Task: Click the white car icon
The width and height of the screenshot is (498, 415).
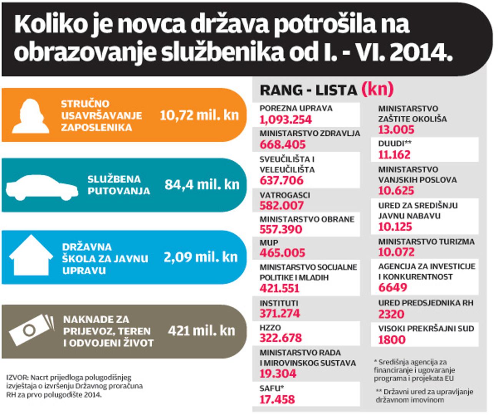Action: click(x=41, y=187)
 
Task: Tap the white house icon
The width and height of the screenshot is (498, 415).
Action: click(x=31, y=255)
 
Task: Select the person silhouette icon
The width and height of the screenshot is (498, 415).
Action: click(x=30, y=116)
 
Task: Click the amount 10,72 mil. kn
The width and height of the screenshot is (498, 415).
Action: click(x=199, y=115)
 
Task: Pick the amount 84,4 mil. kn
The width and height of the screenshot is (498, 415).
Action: click(x=202, y=185)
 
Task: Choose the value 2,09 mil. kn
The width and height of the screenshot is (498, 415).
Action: click(x=201, y=257)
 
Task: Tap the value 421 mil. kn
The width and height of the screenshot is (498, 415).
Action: click(x=201, y=330)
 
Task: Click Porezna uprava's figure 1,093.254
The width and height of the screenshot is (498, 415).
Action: click(x=286, y=120)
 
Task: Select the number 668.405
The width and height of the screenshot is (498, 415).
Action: click(x=282, y=145)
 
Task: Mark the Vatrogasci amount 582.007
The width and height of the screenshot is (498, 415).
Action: click(x=281, y=206)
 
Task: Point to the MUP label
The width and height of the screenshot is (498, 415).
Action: click(x=269, y=243)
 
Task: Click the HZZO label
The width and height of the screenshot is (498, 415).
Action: click(x=270, y=328)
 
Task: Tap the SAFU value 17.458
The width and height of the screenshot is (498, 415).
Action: click(x=277, y=400)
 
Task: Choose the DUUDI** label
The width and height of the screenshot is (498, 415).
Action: click(x=395, y=144)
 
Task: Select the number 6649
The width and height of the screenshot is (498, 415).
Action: click(x=392, y=287)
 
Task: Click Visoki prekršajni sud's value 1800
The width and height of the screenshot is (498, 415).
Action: click(x=392, y=340)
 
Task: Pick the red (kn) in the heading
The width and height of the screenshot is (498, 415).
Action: click(x=377, y=89)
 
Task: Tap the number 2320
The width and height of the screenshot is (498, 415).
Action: click(x=391, y=314)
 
